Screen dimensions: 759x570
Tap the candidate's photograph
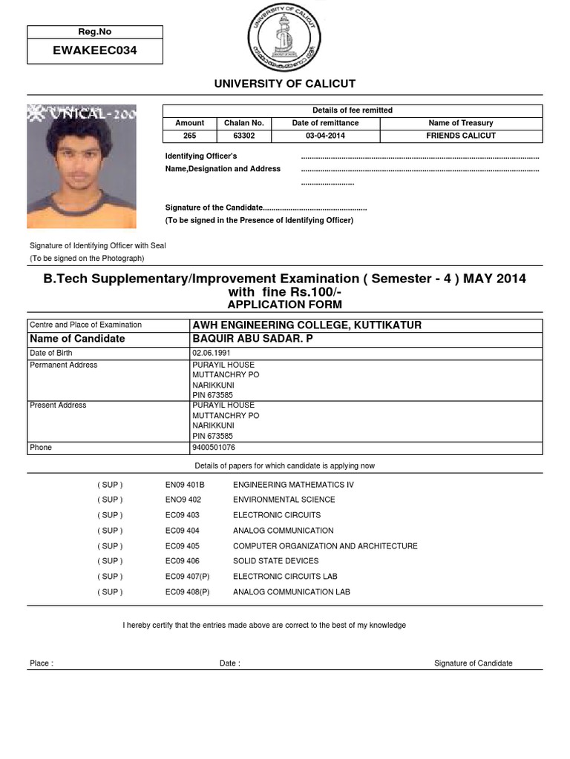point(82,166)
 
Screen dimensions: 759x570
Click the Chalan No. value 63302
point(243,136)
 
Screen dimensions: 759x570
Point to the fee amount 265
point(190,136)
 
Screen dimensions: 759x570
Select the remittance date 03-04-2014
point(325,136)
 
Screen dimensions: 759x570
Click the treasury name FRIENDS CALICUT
point(461,136)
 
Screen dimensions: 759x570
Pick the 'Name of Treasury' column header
point(461,123)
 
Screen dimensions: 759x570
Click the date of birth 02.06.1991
point(212,354)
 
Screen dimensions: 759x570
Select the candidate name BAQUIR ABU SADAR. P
point(252,339)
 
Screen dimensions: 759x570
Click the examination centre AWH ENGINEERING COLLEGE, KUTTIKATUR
point(307,325)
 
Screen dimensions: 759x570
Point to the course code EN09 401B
point(185,485)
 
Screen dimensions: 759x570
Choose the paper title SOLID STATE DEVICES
point(276,561)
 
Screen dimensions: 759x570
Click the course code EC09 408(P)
point(188,592)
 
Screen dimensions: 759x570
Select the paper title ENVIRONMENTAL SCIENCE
point(284,500)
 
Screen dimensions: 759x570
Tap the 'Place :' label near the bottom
point(42,663)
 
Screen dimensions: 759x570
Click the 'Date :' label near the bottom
point(230,663)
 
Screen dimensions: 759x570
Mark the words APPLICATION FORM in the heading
point(284,305)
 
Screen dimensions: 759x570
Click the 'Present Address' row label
point(58,405)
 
